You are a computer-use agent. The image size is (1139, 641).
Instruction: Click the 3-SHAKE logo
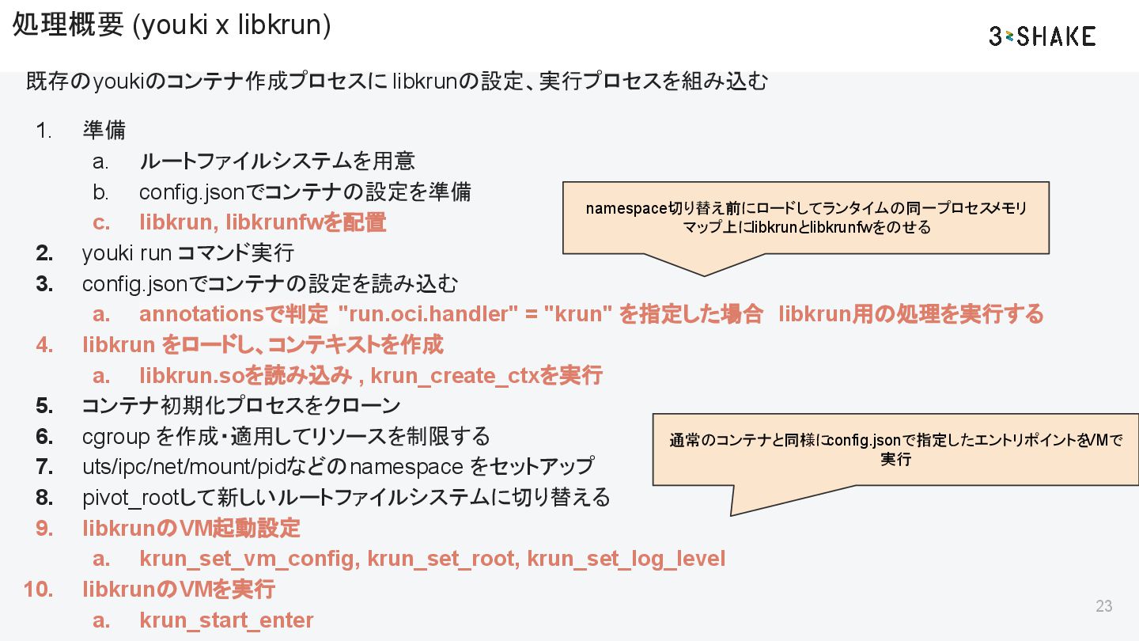coord(1042,36)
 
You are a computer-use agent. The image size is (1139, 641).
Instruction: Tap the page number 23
coord(1103,606)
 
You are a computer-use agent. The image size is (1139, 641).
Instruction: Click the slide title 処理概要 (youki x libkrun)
coord(172,25)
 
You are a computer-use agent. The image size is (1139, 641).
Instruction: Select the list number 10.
coord(38,590)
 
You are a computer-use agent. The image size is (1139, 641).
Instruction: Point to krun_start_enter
coord(226,620)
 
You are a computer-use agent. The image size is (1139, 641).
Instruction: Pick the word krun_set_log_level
coord(626,559)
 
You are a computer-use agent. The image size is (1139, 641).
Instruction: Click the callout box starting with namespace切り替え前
coord(805,218)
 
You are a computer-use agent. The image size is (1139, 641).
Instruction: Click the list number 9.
coord(44,528)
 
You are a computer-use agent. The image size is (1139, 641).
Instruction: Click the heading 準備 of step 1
coord(104,130)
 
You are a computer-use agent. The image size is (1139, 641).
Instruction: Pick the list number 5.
coord(44,406)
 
